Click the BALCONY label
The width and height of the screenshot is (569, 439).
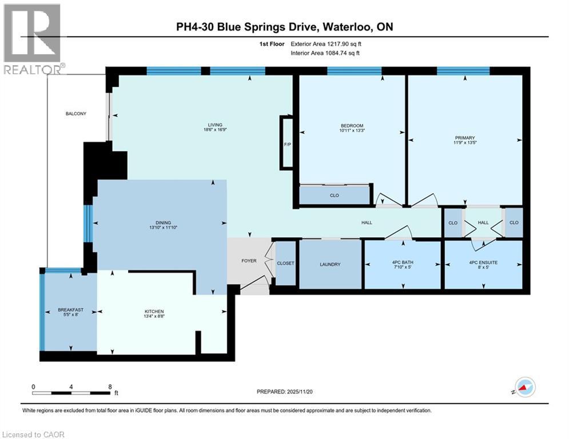pyautogui.click(x=75, y=114)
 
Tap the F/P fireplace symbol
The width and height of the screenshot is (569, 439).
pyautogui.click(x=287, y=143)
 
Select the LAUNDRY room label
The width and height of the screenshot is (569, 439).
pyautogui.click(x=330, y=264)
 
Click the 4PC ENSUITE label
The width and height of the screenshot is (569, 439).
pyautogui.click(x=483, y=262)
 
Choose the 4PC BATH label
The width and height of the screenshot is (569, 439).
pyautogui.click(x=403, y=262)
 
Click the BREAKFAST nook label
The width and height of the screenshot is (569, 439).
pyautogui.click(x=71, y=310)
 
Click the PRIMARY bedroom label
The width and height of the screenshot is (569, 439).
pyautogui.click(x=465, y=137)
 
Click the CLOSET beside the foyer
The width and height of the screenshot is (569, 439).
pyautogui.click(x=285, y=264)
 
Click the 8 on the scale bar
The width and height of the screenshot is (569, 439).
pyautogui.click(x=109, y=386)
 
